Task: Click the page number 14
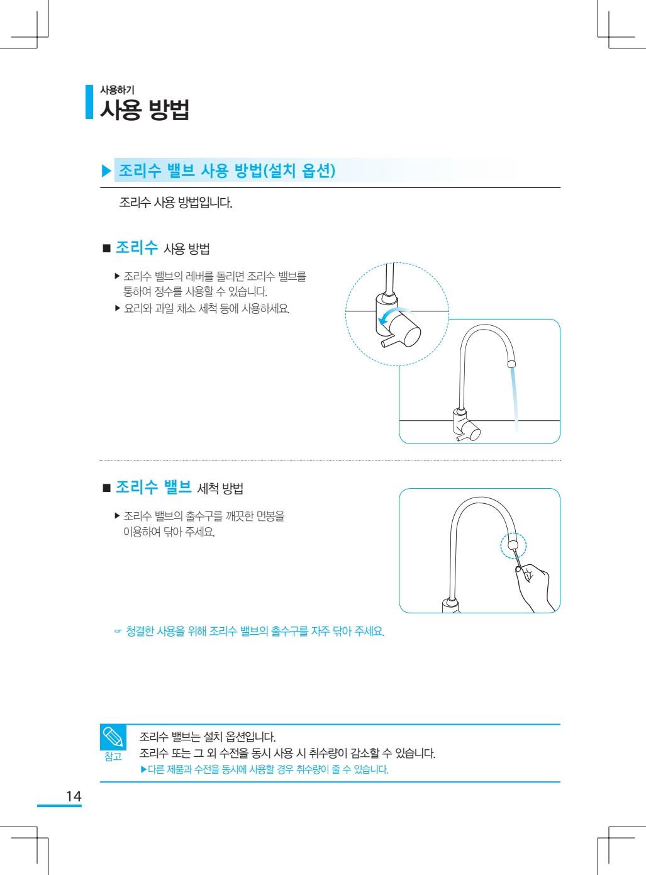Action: [x=74, y=796]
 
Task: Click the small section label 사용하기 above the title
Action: [x=117, y=90]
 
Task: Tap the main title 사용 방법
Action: [x=145, y=109]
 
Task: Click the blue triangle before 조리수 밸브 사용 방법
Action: [x=106, y=171]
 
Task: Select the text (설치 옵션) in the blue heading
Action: [x=299, y=170]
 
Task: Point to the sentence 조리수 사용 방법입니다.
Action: [x=175, y=203]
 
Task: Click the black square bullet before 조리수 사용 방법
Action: [x=106, y=248]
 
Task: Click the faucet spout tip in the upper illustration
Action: [x=511, y=364]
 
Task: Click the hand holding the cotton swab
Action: [x=536, y=588]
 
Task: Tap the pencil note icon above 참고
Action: [x=113, y=737]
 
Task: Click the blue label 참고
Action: [x=113, y=756]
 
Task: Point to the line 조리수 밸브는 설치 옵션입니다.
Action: [x=208, y=737]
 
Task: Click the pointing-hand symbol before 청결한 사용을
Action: [x=118, y=631]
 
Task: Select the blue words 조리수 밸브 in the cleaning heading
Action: [x=154, y=488]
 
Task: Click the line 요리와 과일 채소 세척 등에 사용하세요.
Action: [x=206, y=308]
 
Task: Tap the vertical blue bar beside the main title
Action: [x=89, y=102]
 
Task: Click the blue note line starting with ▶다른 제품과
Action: [x=265, y=769]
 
